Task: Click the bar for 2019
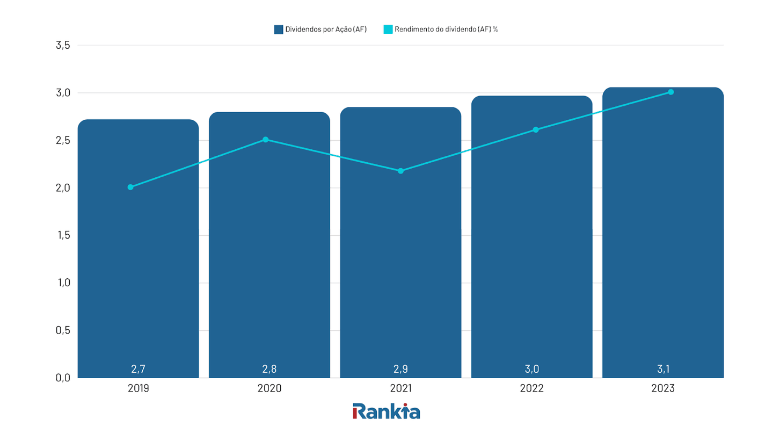[x=138, y=269]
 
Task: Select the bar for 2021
[x=400, y=269]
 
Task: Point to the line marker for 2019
[x=130, y=187]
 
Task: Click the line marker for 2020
[x=265, y=140]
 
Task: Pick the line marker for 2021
[x=400, y=171]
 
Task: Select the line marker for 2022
[x=536, y=129]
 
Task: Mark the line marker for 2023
[x=671, y=92]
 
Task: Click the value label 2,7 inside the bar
[x=138, y=369]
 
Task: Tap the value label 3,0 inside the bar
[x=531, y=369]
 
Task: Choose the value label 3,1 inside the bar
[x=663, y=369]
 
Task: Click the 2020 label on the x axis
[x=269, y=388]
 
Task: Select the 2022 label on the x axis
[x=531, y=388]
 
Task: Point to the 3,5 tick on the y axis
[x=63, y=45]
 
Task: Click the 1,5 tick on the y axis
[x=63, y=235]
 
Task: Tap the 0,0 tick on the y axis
[x=63, y=378]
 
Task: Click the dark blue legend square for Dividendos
[x=278, y=30]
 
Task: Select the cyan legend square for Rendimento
[x=388, y=30]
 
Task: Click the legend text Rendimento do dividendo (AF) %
[x=446, y=30]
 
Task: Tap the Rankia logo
[x=386, y=411]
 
